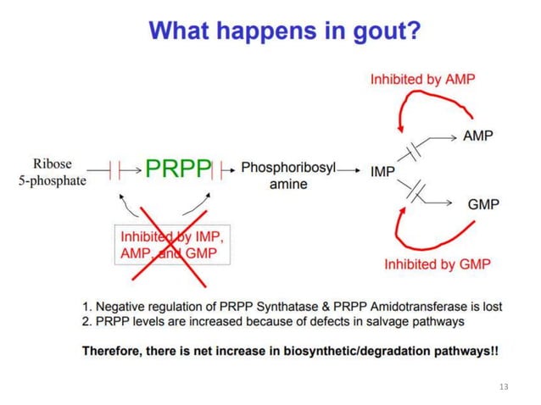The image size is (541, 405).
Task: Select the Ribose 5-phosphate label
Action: (53, 171)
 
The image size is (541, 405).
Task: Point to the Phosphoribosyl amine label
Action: (288, 175)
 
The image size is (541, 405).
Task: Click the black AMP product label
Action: (478, 136)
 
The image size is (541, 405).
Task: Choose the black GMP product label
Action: (483, 204)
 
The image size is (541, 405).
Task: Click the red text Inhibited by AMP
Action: (422, 79)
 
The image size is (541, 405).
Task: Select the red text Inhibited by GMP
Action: (437, 264)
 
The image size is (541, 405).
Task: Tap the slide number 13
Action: (505, 386)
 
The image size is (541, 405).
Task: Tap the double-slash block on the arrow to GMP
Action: (414, 191)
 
